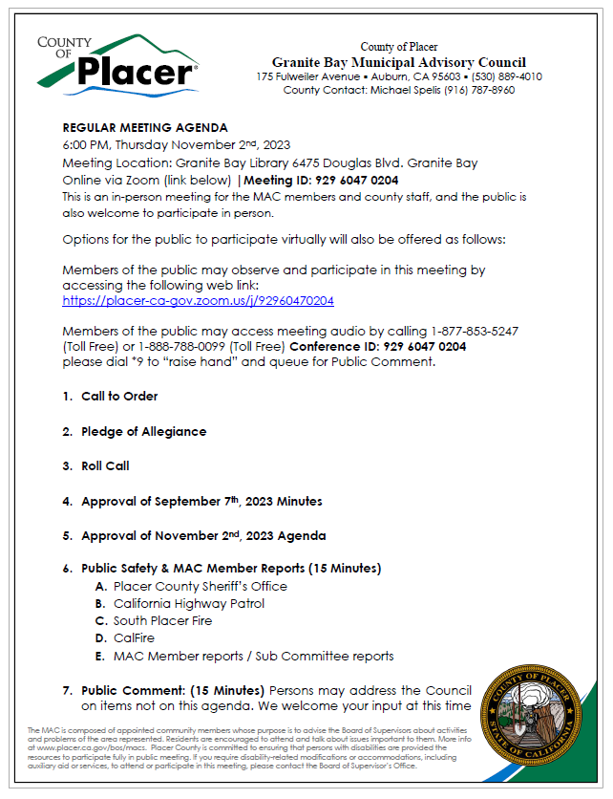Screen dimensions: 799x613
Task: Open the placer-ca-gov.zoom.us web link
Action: pos(198,300)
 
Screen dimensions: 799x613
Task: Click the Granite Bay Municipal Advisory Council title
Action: pos(398,62)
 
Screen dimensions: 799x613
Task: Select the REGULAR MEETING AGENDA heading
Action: pos(145,127)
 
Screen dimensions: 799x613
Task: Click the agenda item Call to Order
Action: pos(119,396)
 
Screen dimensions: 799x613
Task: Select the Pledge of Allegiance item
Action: pos(143,431)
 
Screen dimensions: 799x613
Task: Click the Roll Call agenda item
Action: pos(105,465)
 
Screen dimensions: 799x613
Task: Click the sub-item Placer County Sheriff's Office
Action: pos(200,586)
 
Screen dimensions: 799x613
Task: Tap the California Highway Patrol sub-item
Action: pos(188,603)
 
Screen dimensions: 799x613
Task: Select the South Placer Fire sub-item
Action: pos(162,620)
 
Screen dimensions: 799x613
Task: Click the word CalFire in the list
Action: pos(134,637)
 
